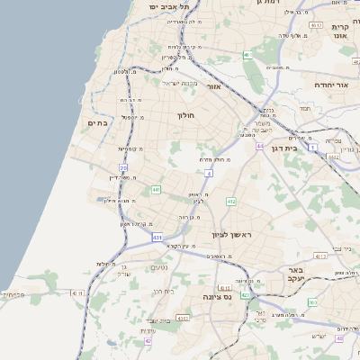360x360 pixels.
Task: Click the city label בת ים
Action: click(x=97, y=122)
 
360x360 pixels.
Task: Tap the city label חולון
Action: click(x=183, y=115)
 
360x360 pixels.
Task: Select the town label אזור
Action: click(x=214, y=87)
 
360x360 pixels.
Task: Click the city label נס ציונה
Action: click(x=216, y=296)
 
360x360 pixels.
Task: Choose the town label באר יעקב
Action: click(x=316, y=274)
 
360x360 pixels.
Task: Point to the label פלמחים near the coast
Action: click(x=13, y=294)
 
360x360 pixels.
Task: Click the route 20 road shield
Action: click(x=122, y=167)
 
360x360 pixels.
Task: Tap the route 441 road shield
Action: click(x=156, y=190)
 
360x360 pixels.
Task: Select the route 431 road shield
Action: click(x=157, y=238)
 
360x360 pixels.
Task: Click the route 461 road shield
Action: click(x=246, y=55)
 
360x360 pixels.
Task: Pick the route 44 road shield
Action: click(x=258, y=147)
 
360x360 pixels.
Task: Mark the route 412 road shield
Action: click(x=231, y=202)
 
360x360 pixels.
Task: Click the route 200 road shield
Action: click(x=312, y=302)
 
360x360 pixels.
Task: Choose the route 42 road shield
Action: click(x=147, y=341)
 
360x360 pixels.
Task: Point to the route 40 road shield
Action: click(x=339, y=338)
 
